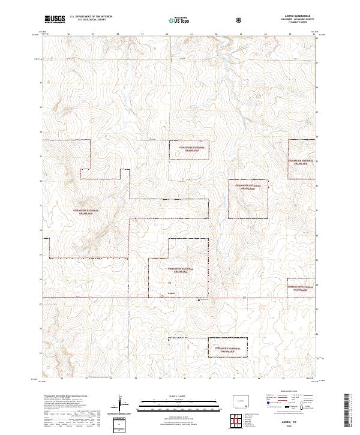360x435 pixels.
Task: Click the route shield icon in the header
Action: [240, 20]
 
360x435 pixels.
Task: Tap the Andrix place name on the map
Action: [172, 293]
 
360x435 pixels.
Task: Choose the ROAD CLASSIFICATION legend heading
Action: [288, 390]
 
